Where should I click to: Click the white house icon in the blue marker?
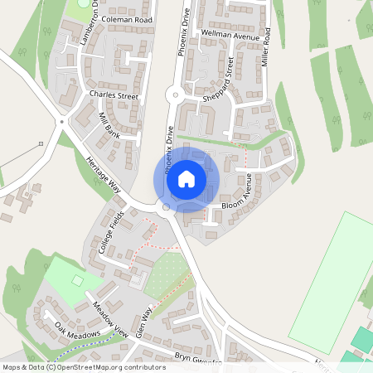[x=186, y=178]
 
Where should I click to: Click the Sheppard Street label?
[x=218, y=86]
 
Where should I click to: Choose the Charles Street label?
[x=113, y=95]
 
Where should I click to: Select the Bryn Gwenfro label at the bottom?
[x=198, y=361]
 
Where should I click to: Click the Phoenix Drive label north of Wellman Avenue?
[x=177, y=32]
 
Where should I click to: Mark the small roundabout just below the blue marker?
[x=166, y=207]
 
